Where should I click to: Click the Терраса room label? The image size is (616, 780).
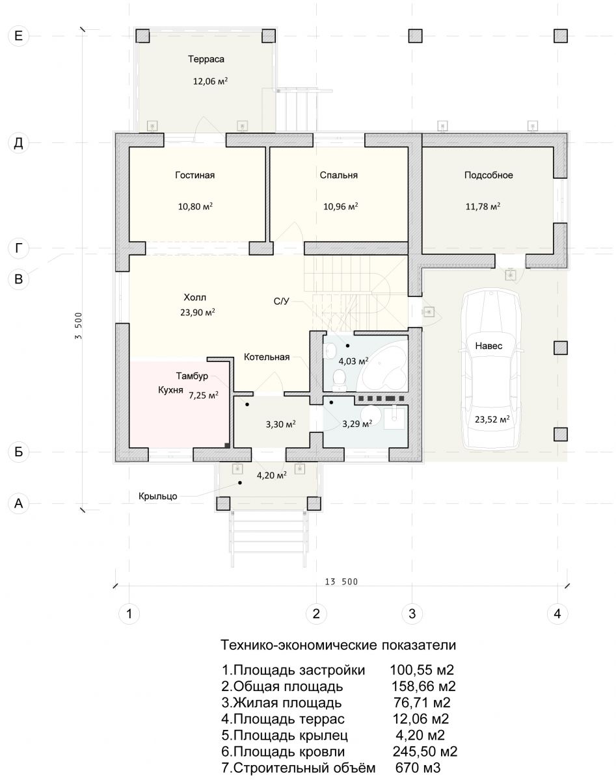[x=206, y=59]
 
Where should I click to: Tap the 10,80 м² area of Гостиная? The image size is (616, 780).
[x=195, y=207]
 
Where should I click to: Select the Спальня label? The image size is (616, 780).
[x=338, y=175]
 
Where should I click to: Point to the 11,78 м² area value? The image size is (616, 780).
[x=483, y=207]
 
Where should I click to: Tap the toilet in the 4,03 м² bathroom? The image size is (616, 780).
[x=340, y=380]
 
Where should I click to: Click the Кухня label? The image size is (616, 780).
[x=170, y=391]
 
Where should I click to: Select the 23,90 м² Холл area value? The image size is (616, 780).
[x=198, y=313]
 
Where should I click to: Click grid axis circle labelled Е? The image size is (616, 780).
[x=18, y=36]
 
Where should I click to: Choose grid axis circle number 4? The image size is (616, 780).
[x=557, y=614]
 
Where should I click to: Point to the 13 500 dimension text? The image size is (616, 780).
[x=341, y=582]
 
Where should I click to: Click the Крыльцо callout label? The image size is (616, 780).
[x=158, y=496]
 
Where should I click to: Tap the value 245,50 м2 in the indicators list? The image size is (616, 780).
[x=425, y=751]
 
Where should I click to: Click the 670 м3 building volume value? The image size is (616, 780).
[x=418, y=768]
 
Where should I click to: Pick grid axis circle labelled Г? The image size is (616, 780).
[x=18, y=248]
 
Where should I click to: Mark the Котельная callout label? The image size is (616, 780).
[x=267, y=357]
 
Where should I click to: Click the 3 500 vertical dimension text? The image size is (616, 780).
[x=79, y=326]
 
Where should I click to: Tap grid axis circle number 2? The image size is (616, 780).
[x=316, y=614]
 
